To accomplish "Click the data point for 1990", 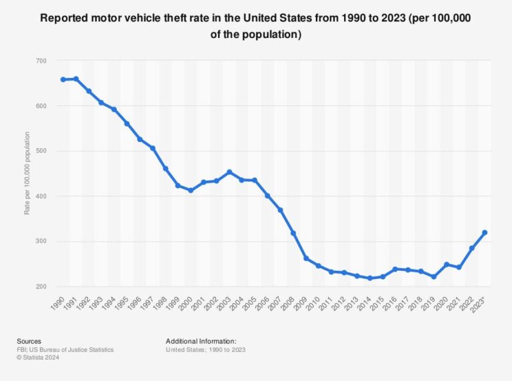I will pos(63,79).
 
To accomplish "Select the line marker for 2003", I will pos(229,172).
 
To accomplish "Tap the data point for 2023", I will pos(485,232).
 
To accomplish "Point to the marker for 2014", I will pos(370,278).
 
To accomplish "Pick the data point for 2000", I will pos(191,190).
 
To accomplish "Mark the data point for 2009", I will pos(306,258).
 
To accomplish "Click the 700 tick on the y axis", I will pos(41,61).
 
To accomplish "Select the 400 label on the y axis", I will pos(41,196).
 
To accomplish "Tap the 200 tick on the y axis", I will pos(41,287).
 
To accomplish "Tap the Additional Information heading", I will pos(201,340).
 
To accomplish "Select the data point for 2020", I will pos(447,265).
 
